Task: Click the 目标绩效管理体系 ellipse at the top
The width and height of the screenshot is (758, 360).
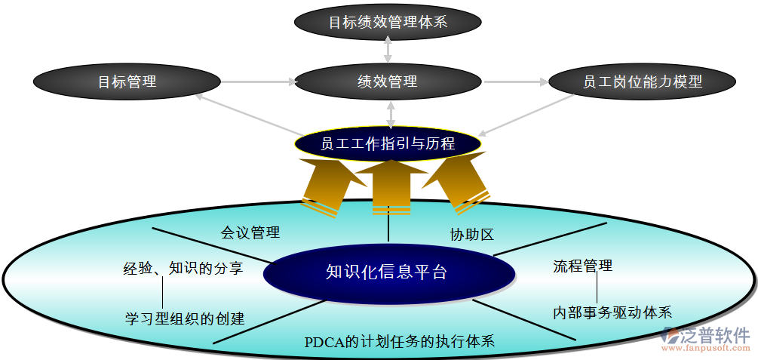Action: (x=388, y=21)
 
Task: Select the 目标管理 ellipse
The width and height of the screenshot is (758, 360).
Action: (x=127, y=82)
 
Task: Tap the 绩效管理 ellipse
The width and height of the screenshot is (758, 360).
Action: (x=388, y=82)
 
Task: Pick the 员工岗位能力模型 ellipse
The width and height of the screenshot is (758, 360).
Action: (x=642, y=82)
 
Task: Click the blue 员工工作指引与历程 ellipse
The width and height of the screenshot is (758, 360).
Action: (x=388, y=143)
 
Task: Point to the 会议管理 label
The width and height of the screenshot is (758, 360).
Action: (x=250, y=232)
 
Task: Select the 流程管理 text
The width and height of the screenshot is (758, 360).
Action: (x=582, y=266)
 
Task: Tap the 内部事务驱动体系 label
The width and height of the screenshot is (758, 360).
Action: (x=612, y=312)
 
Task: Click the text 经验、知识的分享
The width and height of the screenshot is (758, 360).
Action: (x=183, y=268)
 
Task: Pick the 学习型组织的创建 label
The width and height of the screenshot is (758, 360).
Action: (x=185, y=318)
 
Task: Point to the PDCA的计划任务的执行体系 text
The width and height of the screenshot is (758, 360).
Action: (x=400, y=341)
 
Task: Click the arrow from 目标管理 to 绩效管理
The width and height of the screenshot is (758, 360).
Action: (x=257, y=82)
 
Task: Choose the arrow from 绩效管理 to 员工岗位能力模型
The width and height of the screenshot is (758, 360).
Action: (x=516, y=82)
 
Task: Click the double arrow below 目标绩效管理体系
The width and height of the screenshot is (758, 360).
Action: (x=388, y=48)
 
